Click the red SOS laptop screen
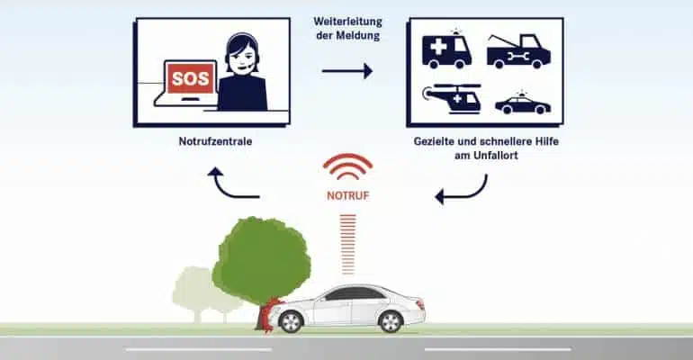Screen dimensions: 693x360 click(x=190, y=77)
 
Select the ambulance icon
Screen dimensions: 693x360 click(x=445, y=49)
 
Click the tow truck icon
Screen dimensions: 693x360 click(x=519, y=51)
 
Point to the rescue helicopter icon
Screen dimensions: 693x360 click(x=452, y=98)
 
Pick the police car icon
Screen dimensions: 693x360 click(x=523, y=103)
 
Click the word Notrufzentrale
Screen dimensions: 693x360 click(x=215, y=141)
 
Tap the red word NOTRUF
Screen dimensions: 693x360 click(x=347, y=195)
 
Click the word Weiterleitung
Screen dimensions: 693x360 click(x=347, y=22)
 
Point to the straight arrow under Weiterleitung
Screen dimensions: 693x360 click(x=346, y=71)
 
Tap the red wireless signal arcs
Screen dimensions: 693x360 click(x=347, y=166)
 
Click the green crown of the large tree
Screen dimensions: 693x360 click(x=262, y=260)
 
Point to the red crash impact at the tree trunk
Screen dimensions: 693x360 click(x=268, y=314)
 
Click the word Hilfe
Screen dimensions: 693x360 click(x=546, y=141)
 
